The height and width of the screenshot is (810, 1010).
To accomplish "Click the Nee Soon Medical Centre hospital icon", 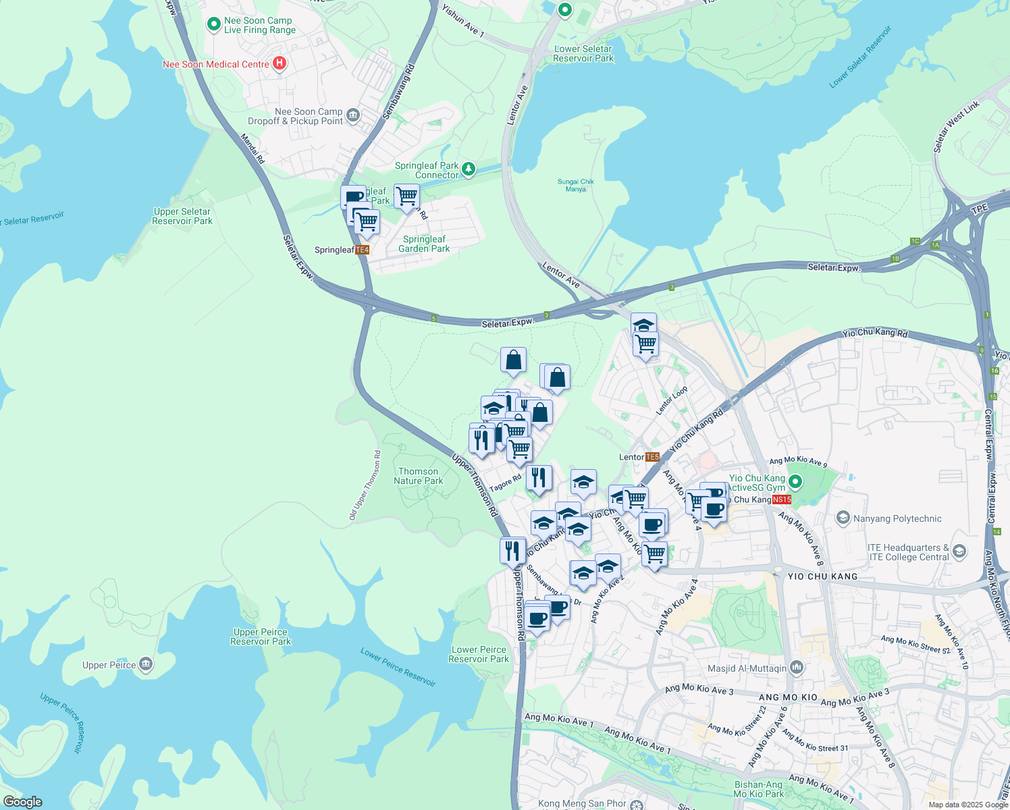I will point(279,63).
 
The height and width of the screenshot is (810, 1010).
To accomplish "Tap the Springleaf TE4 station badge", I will point(363,250).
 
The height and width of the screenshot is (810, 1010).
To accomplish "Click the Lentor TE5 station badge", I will point(652,457).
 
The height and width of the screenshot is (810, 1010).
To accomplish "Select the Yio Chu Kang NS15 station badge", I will point(781,500).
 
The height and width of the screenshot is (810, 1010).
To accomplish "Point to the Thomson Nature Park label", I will point(418,476).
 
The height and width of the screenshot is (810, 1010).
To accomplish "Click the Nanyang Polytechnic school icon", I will point(843,518).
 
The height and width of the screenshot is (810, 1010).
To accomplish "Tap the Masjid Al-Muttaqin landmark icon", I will point(797,668).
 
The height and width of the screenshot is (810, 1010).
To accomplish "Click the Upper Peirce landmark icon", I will point(146,665).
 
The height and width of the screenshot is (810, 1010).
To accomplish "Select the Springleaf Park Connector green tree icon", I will point(469,168).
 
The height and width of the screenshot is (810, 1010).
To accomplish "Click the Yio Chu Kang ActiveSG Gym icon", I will point(795,481).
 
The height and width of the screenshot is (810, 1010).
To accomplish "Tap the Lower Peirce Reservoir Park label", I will point(479,654).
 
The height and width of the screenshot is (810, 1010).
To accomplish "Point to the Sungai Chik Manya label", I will point(576,185).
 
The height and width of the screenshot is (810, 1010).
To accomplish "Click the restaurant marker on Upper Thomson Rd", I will point(513,550).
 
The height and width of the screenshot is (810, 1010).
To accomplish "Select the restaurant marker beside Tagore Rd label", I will point(539,477).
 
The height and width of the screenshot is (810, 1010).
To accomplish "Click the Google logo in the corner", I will point(23,801).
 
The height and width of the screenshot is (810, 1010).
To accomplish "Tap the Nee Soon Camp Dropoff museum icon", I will point(353,116).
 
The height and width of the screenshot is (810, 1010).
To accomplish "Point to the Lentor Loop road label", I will point(672,401).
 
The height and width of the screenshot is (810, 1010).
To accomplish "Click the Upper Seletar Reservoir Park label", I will point(182,216).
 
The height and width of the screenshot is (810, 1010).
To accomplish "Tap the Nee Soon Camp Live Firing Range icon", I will point(214,25).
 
